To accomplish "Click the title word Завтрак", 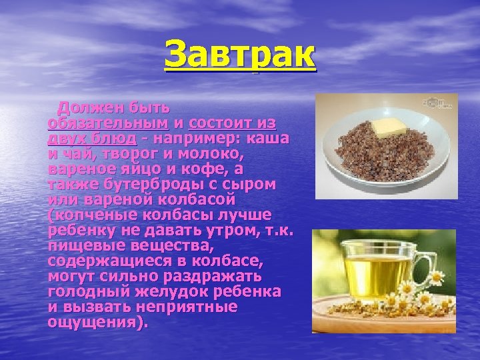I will pos(240,55).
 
